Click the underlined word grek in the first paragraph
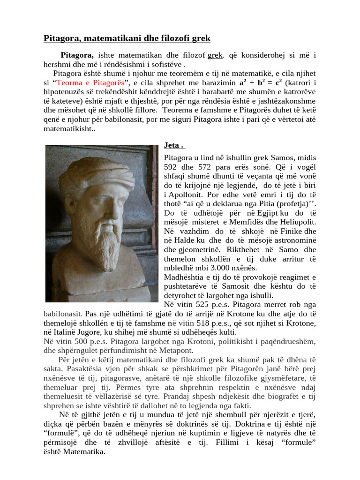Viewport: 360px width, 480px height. [215, 55]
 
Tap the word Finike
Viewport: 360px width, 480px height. [291, 231]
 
